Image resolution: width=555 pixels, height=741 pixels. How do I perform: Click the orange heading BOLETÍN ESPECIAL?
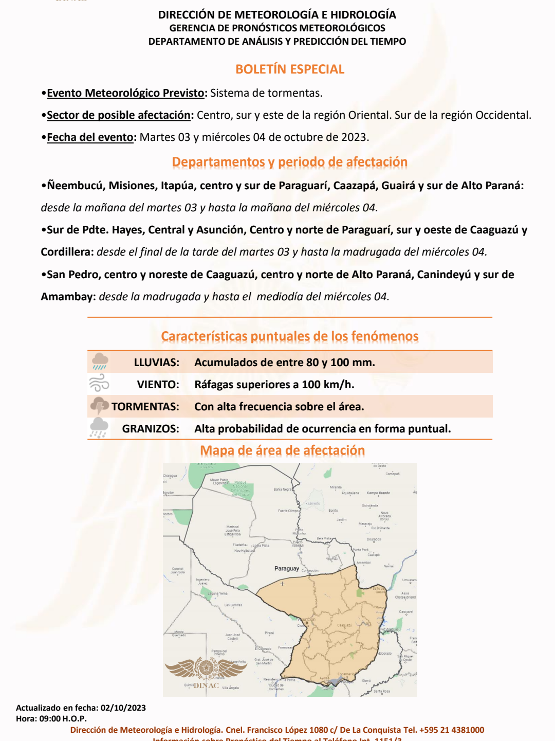[x=290, y=69]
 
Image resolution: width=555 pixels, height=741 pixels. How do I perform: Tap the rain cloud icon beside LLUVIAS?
[x=100, y=362]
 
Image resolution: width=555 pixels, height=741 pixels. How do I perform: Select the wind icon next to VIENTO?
[x=99, y=384]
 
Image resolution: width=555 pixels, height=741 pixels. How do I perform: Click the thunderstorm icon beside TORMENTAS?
[x=99, y=406]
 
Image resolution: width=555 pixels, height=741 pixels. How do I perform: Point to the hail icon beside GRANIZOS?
[x=99, y=428]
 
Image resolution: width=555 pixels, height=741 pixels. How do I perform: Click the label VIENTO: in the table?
[x=158, y=385]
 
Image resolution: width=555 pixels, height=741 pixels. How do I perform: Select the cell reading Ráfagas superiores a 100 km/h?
[x=274, y=385]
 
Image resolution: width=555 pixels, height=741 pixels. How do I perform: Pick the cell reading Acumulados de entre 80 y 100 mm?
[x=285, y=363]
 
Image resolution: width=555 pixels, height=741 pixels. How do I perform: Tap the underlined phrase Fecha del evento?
[x=90, y=137]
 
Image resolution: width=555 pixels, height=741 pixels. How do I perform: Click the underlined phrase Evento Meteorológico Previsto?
[x=125, y=93]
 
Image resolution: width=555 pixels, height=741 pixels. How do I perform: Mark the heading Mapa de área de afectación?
[x=282, y=450]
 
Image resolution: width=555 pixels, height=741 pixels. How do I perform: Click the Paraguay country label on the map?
[x=286, y=569]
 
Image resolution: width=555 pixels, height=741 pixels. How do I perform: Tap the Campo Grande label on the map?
[x=378, y=493]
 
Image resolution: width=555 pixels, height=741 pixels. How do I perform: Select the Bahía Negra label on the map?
[x=283, y=490]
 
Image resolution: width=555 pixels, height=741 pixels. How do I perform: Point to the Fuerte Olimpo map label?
[x=288, y=511]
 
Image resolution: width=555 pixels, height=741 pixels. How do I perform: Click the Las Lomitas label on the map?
[x=233, y=605]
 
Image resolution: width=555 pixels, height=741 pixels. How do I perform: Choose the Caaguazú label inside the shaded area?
[x=344, y=626]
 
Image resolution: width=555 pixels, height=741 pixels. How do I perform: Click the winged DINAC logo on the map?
[x=206, y=672]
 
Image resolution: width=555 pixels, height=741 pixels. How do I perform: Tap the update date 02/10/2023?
[x=123, y=708]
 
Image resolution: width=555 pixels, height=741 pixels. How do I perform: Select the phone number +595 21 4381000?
[x=452, y=730]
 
